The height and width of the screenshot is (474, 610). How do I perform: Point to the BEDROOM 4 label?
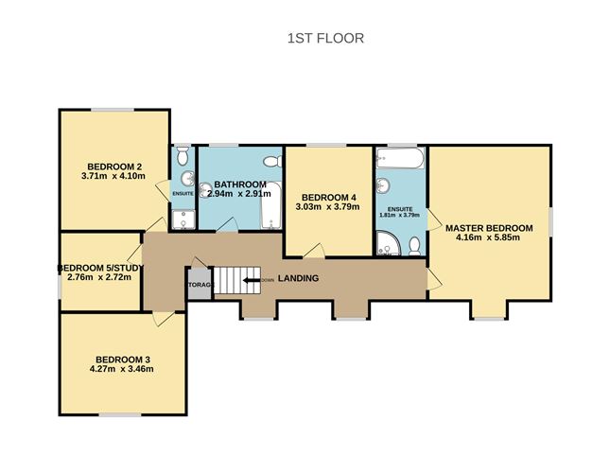point(327,197)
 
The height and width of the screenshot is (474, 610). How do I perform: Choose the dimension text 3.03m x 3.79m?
point(327,207)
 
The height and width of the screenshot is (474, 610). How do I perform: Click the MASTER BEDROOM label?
point(489,228)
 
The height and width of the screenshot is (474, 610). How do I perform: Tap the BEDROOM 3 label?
point(123,359)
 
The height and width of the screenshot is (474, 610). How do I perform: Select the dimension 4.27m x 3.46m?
point(123,370)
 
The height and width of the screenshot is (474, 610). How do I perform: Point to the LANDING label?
point(298,278)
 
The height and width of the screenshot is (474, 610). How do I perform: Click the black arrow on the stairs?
point(247,279)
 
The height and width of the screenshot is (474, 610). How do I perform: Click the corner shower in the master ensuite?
point(388,247)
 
